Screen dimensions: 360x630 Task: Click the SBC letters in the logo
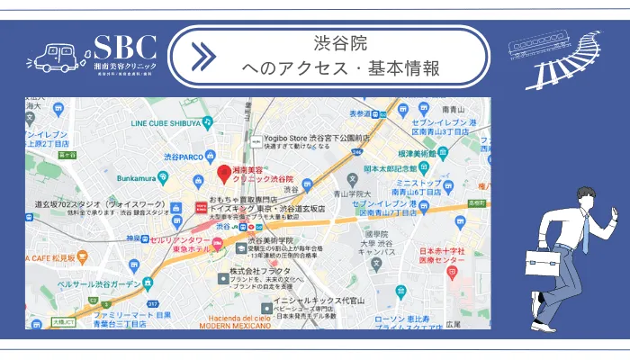tap(125, 48)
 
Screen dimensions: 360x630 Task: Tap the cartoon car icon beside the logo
tap(58, 56)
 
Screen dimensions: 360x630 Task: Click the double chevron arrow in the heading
tap(204, 56)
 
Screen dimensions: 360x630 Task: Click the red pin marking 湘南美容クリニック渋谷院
tap(225, 172)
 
